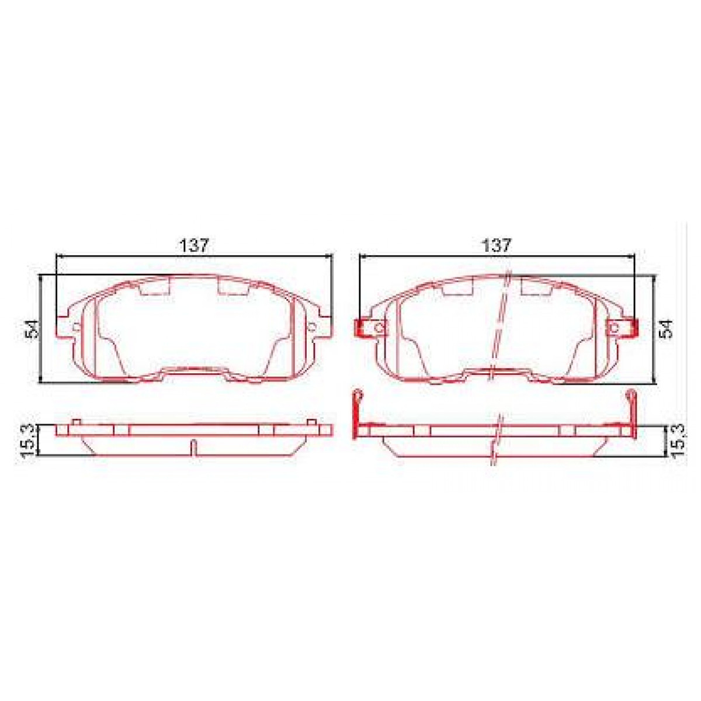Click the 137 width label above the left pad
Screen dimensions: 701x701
click(x=194, y=245)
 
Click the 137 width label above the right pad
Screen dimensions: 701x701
click(x=497, y=245)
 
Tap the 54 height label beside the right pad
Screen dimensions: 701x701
click(x=666, y=330)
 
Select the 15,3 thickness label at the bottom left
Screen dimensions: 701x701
click(x=27, y=439)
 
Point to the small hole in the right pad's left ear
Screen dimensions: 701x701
click(x=379, y=328)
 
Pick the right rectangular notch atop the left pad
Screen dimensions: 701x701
click(x=234, y=287)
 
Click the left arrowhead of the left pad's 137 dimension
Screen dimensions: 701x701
click(x=57, y=255)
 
